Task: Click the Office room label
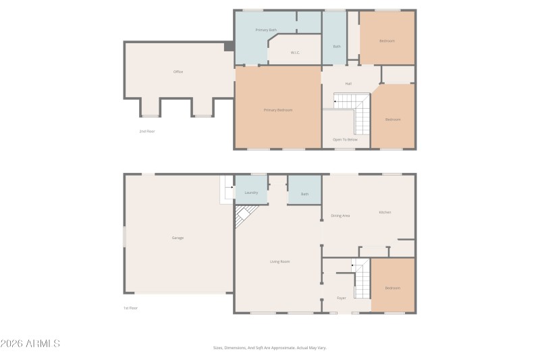178,72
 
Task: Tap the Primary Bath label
266,30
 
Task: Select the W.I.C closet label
295,52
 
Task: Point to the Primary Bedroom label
278,109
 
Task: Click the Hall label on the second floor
348,84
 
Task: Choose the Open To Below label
345,139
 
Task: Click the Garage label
178,238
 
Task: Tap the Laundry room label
251,192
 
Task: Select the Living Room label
280,261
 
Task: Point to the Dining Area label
340,215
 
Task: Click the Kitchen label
385,212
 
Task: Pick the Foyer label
342,298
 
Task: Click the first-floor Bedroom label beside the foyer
393,288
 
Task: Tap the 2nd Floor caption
147,131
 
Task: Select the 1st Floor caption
130,308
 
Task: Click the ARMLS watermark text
30,344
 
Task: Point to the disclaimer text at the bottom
269,348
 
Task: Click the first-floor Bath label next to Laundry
304,195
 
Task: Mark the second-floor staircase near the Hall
355,111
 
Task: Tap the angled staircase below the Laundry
245,216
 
